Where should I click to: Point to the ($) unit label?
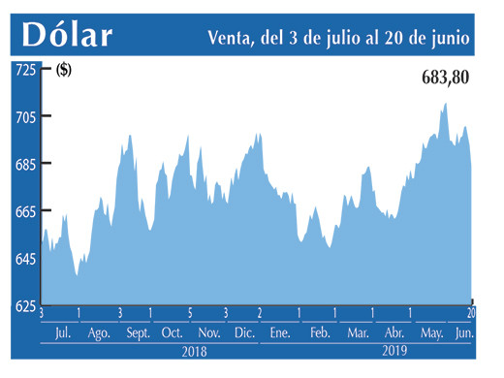[x=64, y=69]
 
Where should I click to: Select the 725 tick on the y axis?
[x=24, y=70]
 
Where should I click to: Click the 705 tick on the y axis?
[x=24, y=117]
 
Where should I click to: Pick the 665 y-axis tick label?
[x=24, y=211]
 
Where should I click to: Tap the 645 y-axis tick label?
[x=24, y=259]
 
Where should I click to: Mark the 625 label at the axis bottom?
[x=24, y=305]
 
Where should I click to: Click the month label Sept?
[x=137, y=333]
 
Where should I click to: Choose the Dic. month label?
[x=243, y=333]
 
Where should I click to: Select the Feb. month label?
[x=319, y=333]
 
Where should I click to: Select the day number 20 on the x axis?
[x=471, y=313]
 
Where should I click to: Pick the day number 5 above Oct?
[x=190, y=313]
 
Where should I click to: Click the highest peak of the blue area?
[x=445, y=104]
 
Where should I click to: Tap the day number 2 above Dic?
[x=259, y=313]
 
